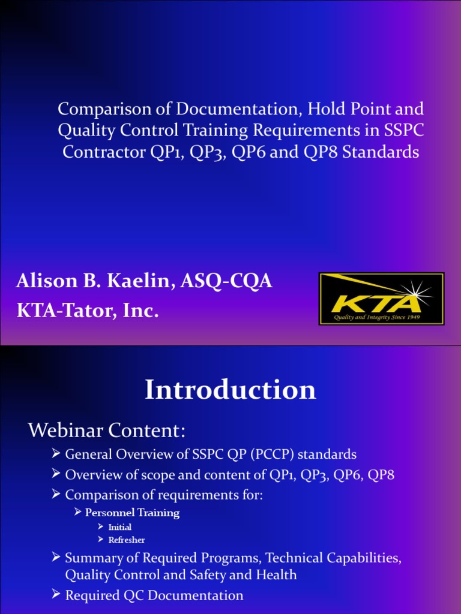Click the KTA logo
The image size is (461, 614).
click(x=381, y=299)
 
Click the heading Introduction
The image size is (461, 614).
click(x=230, y=390)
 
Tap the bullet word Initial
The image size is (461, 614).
click(x=119, y=527)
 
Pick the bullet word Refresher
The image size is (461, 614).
click(x=126, y=540)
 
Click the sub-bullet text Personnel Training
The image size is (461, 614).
click(x=132, y=513)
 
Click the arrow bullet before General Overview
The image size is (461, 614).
click(x=57, y=454)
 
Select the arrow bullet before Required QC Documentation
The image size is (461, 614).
click(x=57, y=595)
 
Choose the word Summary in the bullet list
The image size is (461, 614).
click(x=91, y=558)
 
